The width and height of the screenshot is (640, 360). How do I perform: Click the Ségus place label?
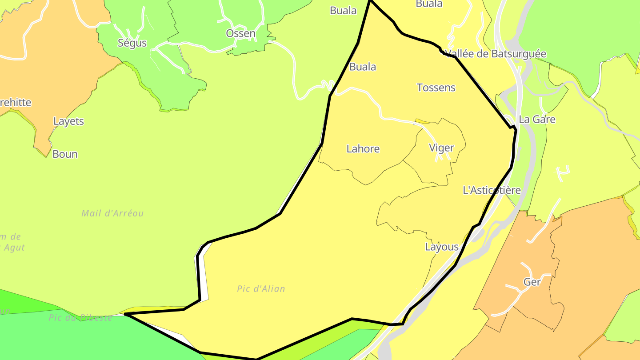(132, 43)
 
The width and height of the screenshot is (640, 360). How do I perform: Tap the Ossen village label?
(240, 33)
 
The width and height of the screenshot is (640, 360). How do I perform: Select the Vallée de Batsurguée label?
(496, 54)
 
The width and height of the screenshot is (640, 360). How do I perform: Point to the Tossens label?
(436, 88)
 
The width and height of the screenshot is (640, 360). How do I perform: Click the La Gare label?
(537, 120)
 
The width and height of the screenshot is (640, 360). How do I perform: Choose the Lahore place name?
(363, 148)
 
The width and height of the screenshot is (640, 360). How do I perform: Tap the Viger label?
(441, 148)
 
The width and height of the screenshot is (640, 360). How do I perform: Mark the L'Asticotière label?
(492, 190)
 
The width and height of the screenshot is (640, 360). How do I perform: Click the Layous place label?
(441, 247)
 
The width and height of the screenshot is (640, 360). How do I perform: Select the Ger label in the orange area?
(532, 282)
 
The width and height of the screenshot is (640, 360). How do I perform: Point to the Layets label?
(68, 121)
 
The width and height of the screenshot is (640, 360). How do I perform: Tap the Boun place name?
(65, 154)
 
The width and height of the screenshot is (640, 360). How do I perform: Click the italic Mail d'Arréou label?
(112, 213)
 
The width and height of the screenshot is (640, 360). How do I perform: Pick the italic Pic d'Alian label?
(261, 289)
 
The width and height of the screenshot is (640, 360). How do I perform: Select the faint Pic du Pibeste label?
(80, 318)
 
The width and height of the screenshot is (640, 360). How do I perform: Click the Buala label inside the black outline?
(363, 67)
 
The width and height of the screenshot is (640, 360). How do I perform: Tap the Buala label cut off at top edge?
(429, 4)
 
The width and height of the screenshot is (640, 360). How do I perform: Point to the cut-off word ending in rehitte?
(16, 103)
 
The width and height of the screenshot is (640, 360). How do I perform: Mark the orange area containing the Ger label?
(578, 249)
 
